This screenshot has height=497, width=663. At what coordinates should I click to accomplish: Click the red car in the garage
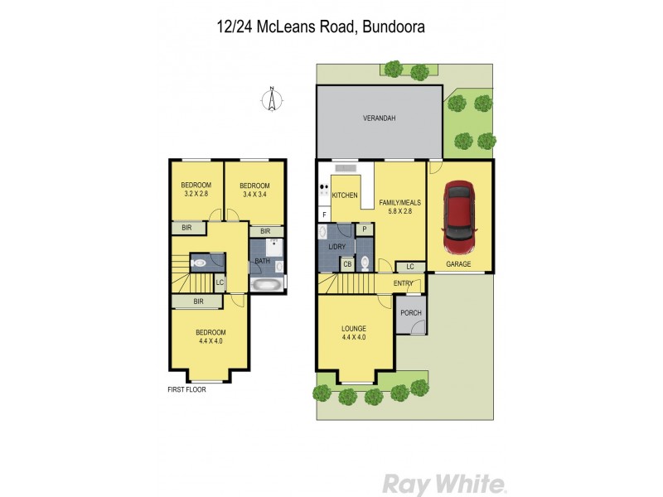tap(458, 217)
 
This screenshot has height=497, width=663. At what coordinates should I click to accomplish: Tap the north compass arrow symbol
tap(271, 99)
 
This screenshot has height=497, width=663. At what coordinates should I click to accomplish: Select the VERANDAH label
tap(379, 118)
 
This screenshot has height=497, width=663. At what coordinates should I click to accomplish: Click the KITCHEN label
tap(345, 195)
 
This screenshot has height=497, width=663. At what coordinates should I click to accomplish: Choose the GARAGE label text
tap(458, 264)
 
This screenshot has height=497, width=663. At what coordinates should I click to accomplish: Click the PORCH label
tap(410, 312)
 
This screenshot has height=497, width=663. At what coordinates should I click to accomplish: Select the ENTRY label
tap(404, 283)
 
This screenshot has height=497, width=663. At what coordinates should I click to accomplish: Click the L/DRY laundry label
tap(336, 248)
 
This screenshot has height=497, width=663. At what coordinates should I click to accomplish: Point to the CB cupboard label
tap(347, 264)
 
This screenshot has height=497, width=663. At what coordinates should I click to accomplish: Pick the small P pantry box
tap(364, 229)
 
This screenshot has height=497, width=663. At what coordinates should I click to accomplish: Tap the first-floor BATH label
tap(262, 262)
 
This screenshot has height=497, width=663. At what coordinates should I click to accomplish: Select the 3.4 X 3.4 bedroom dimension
tap(256, 195)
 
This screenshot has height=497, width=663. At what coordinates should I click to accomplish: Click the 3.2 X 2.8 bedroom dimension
tap(196, 195)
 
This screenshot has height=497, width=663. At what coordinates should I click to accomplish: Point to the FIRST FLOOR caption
tap(186, 388)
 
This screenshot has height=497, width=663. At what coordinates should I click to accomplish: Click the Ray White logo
tap(443, 483)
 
